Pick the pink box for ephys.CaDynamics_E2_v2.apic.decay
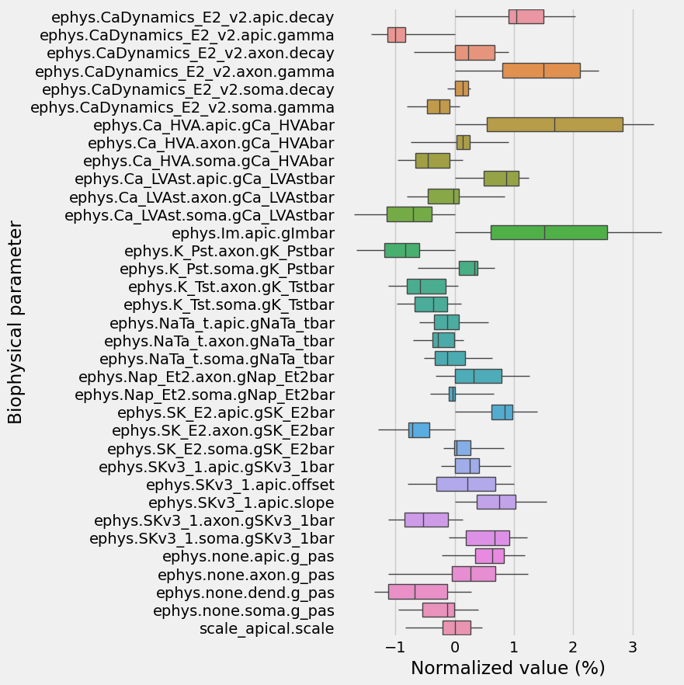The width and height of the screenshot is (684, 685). pos(526,16)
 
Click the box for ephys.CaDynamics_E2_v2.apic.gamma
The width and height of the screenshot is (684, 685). pos(397,34)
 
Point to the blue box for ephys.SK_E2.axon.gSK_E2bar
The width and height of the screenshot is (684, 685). pos(419,430)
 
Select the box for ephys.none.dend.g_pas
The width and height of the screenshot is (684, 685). pos(418,592)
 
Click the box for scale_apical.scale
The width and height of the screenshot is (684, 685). pos(457,628)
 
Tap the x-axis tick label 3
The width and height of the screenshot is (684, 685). pos(633,647)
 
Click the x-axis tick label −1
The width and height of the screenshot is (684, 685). pos(395,647)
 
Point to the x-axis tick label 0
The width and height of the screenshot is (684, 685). pos(455,647)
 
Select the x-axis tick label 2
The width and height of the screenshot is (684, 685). pos(574,647)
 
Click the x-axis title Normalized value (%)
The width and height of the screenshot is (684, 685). pos(508,668)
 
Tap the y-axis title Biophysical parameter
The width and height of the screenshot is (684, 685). pos(16,322)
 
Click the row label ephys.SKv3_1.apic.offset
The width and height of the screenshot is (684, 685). pos(240,485)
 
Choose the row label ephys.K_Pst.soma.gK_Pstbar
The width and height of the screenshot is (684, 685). pos(227,269)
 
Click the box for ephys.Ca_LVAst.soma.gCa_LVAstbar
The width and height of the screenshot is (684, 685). pos(409,214)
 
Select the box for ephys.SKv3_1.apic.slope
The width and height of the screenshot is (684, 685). pos(496,502)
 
